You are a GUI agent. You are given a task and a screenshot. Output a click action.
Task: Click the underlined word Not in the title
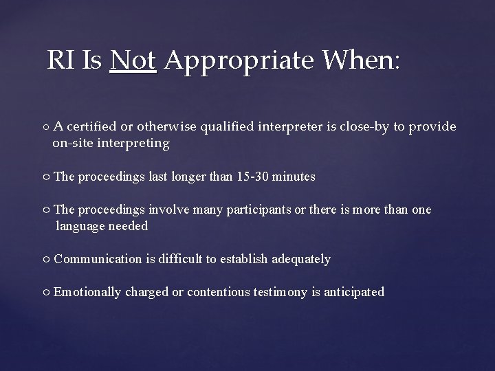[133, 62]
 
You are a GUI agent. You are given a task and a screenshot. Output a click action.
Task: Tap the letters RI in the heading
[60, 62]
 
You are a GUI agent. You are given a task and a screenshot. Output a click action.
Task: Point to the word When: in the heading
[360, 62]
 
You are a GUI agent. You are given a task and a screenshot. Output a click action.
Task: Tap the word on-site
[73, 143]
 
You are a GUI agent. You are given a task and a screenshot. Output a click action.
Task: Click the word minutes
[294, 177]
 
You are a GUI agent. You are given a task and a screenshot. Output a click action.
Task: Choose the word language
[80, 226]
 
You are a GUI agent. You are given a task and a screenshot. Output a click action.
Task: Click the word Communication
[98, 259]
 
